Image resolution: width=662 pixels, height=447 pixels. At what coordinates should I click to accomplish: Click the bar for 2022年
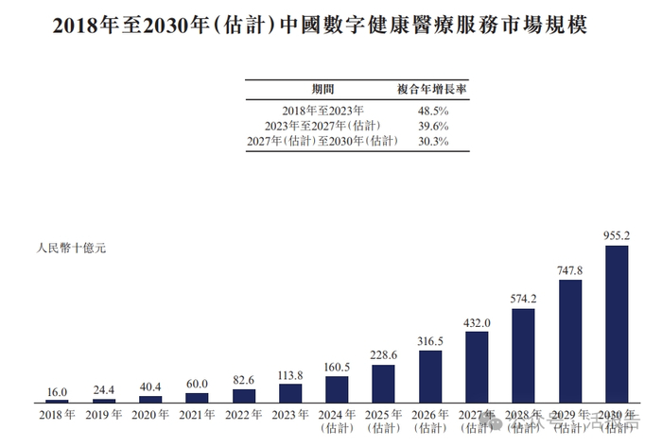[243, 396]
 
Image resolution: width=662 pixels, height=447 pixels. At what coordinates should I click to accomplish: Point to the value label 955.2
[617, 235]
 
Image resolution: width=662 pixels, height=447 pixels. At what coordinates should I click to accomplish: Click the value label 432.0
[477, 322]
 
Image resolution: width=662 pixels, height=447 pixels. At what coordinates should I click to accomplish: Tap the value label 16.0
[57, 391]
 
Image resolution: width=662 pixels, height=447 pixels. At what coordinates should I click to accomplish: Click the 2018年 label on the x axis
[57, 414]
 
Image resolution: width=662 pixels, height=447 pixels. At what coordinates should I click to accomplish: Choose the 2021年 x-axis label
[197, 414]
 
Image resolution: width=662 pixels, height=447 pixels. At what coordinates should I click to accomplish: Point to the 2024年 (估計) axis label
[336, 420]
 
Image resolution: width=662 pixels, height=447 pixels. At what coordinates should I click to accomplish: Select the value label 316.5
[430, 341]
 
